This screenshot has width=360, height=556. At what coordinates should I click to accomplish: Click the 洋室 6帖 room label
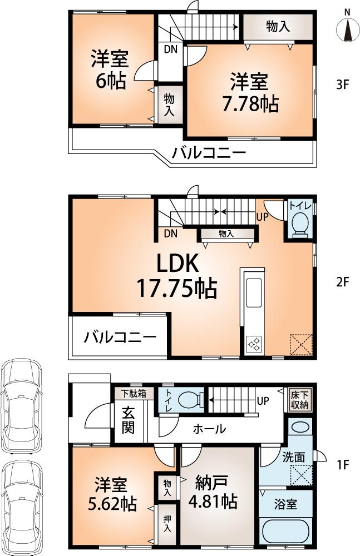110,69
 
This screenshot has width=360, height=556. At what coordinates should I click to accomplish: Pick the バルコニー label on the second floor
120,337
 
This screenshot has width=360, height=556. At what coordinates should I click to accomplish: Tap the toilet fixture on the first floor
187,399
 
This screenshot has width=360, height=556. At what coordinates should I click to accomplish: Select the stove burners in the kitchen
255,344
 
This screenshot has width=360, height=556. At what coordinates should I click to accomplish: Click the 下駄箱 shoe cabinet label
131,393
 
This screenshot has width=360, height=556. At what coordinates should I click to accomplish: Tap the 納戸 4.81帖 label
214,492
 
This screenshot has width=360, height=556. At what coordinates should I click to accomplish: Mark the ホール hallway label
209,429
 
